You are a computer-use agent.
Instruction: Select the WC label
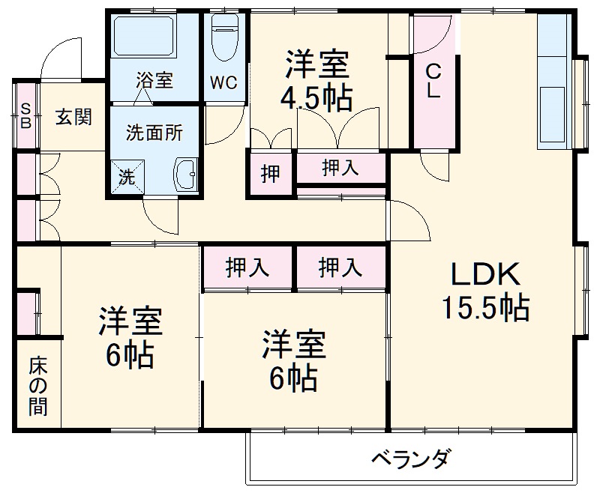coord(223,83)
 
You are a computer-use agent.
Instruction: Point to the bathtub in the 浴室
coord(144,36)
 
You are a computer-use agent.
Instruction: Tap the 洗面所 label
coord(154,134)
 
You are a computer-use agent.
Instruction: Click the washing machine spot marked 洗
coord(128,178)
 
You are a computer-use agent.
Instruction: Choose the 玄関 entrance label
coord(73,117)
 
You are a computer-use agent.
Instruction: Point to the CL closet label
coord(433,82)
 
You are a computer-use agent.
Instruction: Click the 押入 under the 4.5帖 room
coord(340,169)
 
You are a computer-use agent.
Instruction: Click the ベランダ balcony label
coord(412,458)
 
